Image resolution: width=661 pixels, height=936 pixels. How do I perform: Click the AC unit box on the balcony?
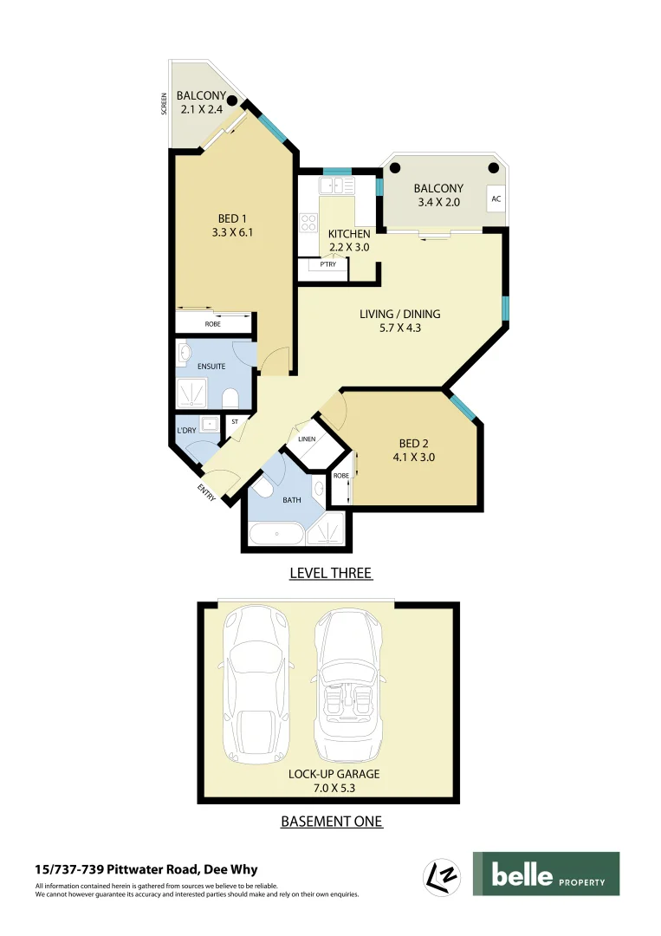(x=496, y=198)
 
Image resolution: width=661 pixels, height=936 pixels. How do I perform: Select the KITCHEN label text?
(x=349, y=234)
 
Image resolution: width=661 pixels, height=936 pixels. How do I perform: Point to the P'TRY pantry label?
(x=327, y=264)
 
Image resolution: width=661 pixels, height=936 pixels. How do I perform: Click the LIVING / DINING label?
(x=399, y=314)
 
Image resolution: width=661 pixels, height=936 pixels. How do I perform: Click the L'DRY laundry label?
(x=185, y=430)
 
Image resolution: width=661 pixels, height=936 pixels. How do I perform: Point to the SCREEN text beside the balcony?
(x=164, y=104)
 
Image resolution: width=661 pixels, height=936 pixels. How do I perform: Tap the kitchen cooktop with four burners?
(x=308, y=223)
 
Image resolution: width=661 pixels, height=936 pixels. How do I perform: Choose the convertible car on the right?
(x=347, y=684)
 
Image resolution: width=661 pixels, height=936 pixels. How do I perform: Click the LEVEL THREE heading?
(x=330, y=573)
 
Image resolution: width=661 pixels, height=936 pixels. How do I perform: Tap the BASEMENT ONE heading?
(x=331, y=821)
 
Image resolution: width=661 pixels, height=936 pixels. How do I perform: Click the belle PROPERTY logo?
(x=546, y=874)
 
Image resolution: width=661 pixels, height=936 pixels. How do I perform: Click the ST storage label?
(x=234, y=422)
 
